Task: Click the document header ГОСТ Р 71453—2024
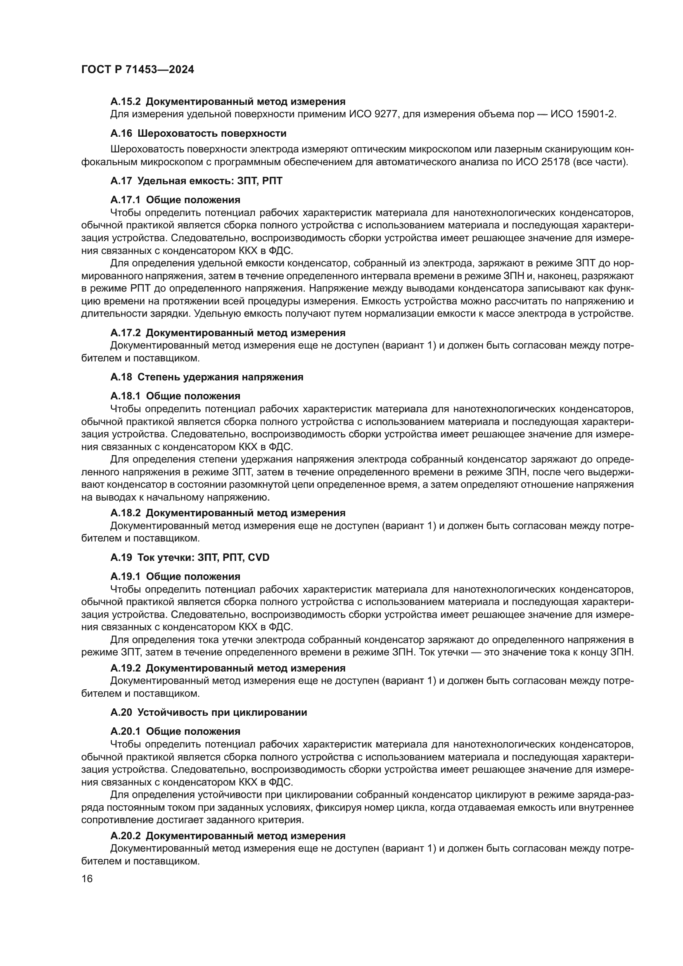click(138, 70)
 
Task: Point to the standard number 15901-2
click(593, 114)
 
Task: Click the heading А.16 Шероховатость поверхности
click(198, 133)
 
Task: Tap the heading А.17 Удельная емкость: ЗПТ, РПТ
click(196, 181)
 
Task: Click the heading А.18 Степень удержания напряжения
click(206, 377)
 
